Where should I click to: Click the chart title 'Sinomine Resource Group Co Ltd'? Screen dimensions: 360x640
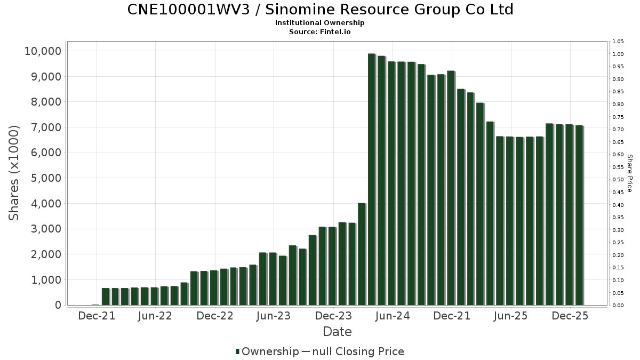320,10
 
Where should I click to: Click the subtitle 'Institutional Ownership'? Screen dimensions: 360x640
320,23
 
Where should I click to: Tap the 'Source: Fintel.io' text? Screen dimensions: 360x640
320,31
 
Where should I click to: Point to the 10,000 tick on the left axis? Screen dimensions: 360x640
43,51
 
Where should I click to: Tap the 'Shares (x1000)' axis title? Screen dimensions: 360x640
14,173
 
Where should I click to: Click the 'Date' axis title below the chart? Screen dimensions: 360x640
337,332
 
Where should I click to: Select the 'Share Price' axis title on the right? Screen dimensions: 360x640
629,173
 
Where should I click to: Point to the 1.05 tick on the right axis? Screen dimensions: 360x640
618,42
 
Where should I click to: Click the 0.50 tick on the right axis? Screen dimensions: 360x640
618,180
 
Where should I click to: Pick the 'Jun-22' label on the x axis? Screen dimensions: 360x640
155,316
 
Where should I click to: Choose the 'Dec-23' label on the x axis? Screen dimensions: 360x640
333,316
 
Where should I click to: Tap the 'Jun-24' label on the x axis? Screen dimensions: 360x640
393,316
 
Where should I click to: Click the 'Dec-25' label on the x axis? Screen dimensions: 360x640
570,316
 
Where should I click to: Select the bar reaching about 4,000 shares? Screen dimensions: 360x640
362,254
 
